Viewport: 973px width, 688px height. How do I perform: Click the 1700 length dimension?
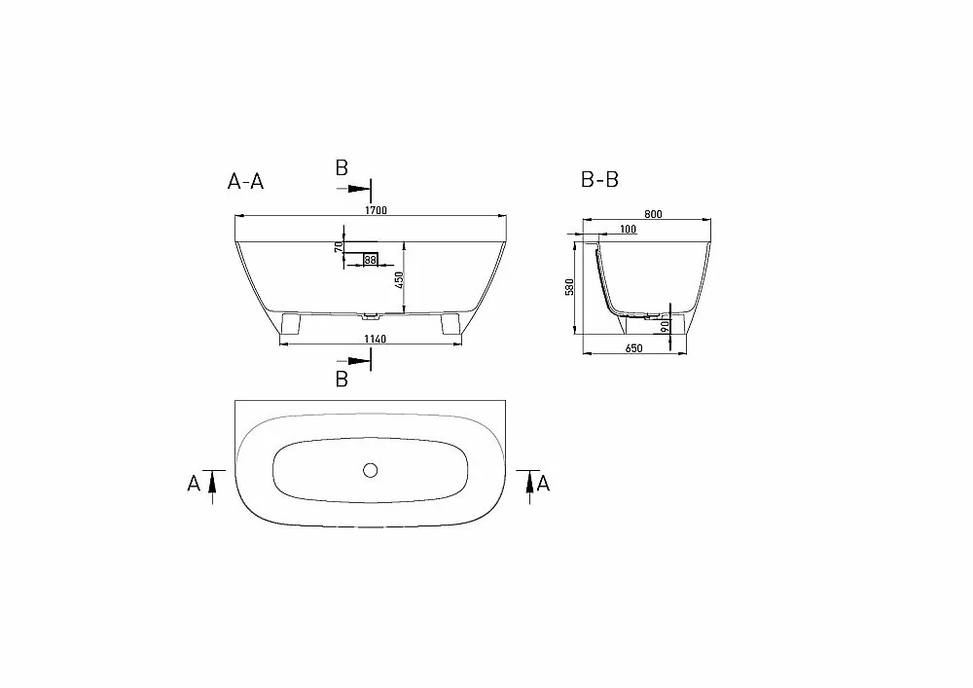click(376, 210)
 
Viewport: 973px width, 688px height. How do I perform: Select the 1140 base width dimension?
click(375, 339)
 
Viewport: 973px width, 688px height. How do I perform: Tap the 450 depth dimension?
click(400, 280)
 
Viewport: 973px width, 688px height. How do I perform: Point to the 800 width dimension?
click(653, 214)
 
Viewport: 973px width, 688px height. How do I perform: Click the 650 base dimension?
click(633, 348)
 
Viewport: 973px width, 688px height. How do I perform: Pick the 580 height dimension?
click(569, 287)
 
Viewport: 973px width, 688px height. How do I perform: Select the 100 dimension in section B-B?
click(628, 230)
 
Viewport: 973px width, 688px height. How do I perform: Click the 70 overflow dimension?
click(339, 247)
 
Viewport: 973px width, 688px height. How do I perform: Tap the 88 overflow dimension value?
click(371, 260)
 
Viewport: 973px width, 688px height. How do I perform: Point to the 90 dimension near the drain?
click(665, 326)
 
